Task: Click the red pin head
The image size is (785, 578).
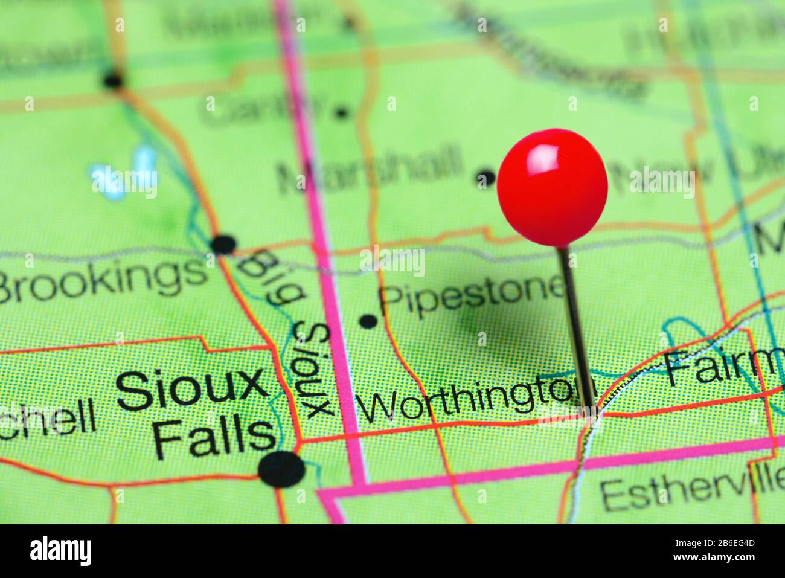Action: pos(552,187)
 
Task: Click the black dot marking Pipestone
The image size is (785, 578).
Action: pos(368,321)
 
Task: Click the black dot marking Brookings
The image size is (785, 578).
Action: pos(223,244)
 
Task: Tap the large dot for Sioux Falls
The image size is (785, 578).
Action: pos(281,469)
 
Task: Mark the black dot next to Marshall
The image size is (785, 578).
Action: pos(485,178)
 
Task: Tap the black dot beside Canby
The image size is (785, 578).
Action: pos(342,112)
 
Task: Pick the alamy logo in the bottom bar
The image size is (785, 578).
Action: pos(61,551)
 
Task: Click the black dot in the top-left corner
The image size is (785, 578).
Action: pos(113,80)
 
